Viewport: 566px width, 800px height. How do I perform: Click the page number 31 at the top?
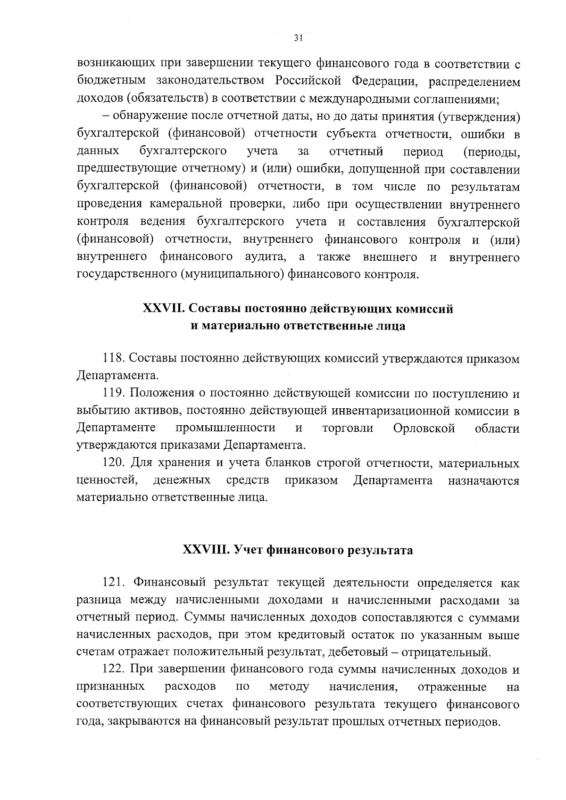coord(297,39)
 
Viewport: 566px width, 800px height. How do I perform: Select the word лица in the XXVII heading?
coord(392,326)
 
